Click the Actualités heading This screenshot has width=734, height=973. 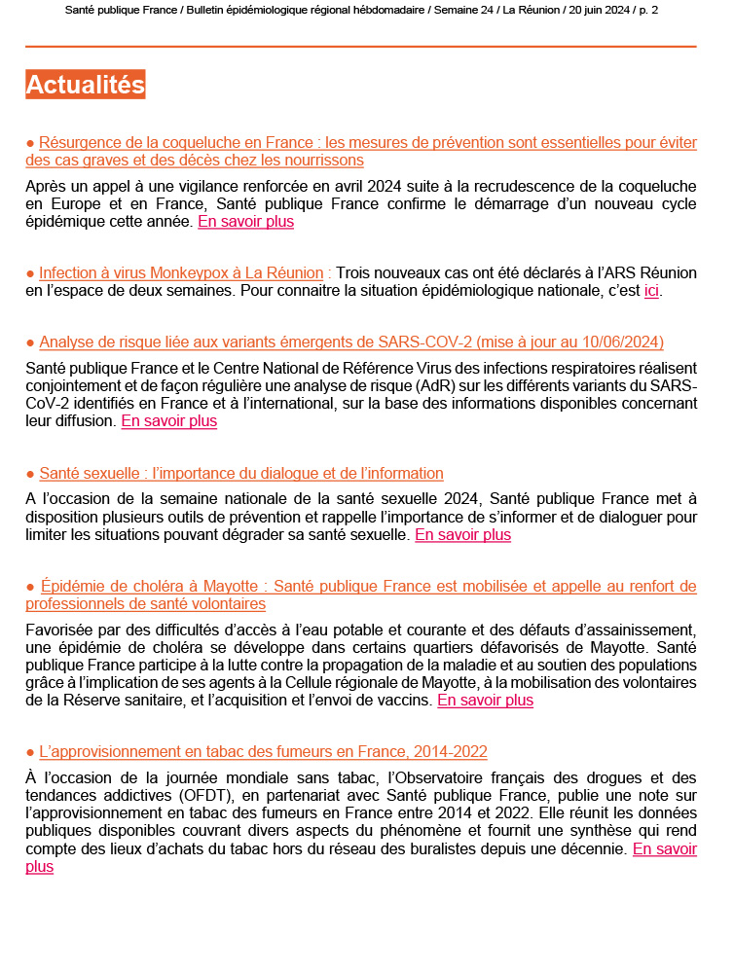click(86, 85)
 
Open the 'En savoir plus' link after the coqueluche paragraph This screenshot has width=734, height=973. click(245, 221)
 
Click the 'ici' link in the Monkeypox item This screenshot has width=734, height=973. click(652, 291)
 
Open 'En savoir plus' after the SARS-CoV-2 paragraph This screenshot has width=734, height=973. click(168, 421)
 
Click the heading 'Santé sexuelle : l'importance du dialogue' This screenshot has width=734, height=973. click(241, 474)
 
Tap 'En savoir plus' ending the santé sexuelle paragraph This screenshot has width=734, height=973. click(462, 534)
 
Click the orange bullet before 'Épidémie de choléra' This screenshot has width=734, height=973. click(30, 587)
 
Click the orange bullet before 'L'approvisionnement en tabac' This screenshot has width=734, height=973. click(30, 752)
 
